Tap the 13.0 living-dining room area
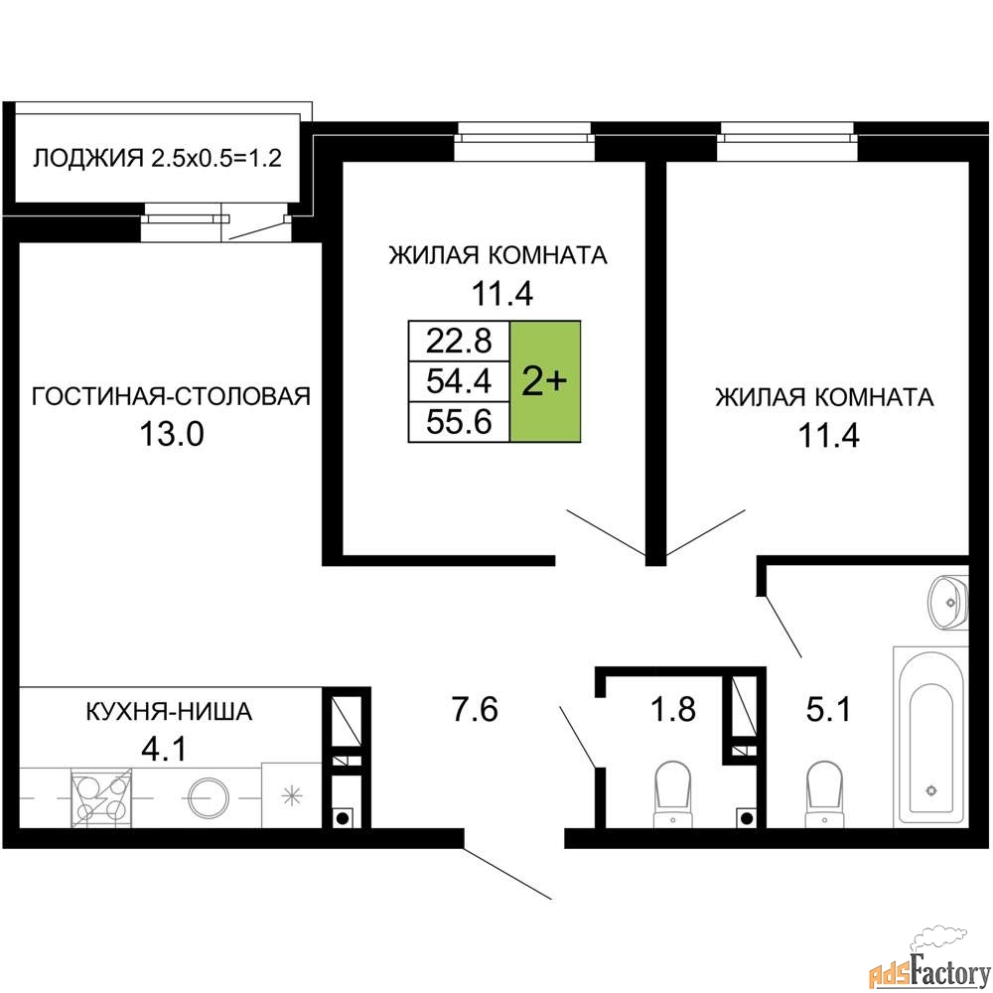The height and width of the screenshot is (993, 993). (171, 435)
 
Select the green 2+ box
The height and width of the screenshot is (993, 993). (545, 381)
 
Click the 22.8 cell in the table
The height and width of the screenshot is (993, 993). (459, 342)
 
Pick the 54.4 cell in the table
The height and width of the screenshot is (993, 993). (459, 381)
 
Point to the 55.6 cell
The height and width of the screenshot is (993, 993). (459, 421)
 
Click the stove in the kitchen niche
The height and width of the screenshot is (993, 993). (101, 797)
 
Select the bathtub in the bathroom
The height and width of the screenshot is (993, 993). (930, 737)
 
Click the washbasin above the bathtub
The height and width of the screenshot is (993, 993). (948, 602)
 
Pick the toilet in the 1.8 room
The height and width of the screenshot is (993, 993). (672, 793)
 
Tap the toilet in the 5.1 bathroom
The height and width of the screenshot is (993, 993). (824, 793)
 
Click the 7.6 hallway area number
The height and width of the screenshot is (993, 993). (475, 709)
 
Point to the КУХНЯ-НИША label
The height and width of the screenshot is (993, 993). (169, 712)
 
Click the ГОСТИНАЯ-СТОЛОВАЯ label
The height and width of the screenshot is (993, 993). (171, 396)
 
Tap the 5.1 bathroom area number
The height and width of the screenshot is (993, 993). (828, 709)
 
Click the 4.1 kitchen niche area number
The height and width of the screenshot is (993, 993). (164, 750)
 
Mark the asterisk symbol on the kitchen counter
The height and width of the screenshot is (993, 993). (292, 795)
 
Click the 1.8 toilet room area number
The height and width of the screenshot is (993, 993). (673, 709)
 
